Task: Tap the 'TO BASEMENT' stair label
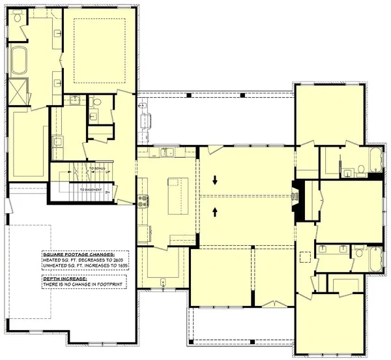pyautogui.click(x=93, y=190)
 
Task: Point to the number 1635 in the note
pyautogui.click(x=123, y=266)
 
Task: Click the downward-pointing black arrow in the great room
pyautogui.click(x=216, y=179)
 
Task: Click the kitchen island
pyautogui.click(x=174, y=195)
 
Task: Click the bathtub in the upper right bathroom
pyautogui.click(x=375, y=160)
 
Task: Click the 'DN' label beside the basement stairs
pyautogui.click(x=116, y=190)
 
